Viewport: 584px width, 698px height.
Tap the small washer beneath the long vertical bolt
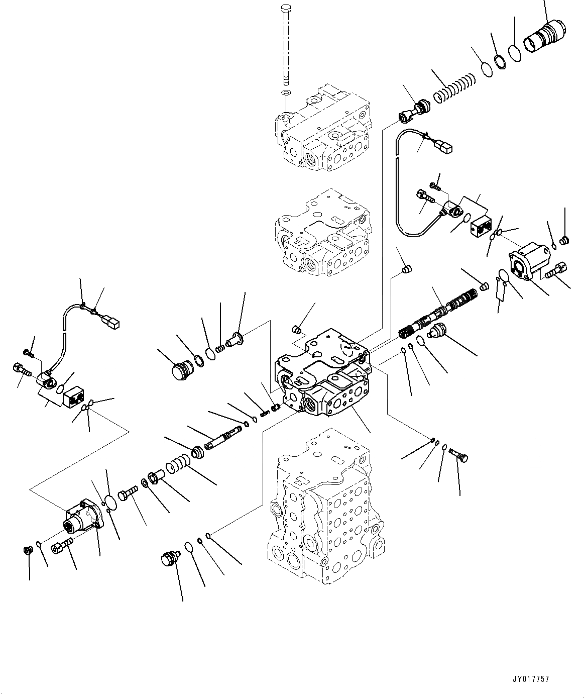286,93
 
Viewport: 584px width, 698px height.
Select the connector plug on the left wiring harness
111,321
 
